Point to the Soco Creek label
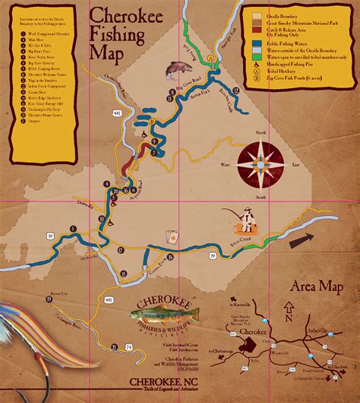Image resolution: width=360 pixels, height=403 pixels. pos(247,238)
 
